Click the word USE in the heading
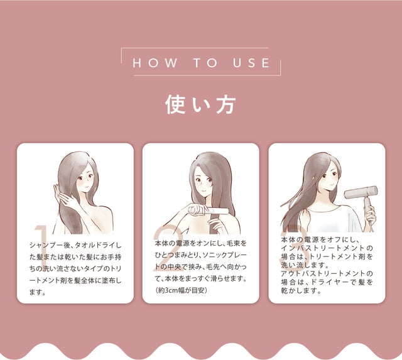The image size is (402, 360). tap(251, 63)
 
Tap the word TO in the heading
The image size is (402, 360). tap(205, 63)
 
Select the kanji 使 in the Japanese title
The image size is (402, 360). tap(175, 105)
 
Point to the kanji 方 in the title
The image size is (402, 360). tap(225, 105)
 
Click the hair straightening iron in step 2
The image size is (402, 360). tap(208, 210)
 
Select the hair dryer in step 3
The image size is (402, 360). tap(364, 197)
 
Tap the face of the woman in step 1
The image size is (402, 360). tap(86, 179)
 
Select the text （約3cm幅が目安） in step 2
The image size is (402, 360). tap(181, 290)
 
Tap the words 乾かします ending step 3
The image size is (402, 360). tap(301, 291)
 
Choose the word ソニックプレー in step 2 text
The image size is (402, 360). tap(225, 255)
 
